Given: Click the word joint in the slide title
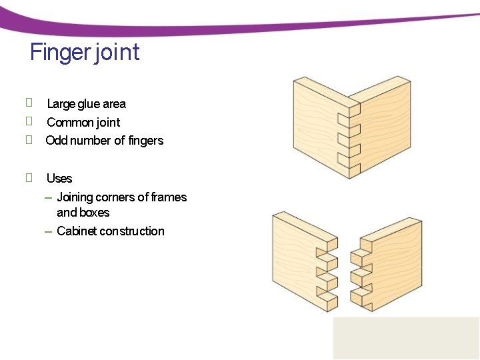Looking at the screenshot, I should pyautogui.click(x=117, y=52).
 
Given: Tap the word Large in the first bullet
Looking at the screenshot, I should pyautogui.click(x=61, y=104).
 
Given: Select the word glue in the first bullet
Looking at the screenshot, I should pyautogui.click(x=89, y=104).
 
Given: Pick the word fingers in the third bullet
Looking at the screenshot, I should pyautogui.click(x=146, y=141).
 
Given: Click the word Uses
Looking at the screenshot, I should pyautogui.click(x=59, y=179).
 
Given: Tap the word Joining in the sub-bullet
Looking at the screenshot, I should pyautogui.click(x=75, y=197).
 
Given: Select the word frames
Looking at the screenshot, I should pyautogui.click(x=169, y=197).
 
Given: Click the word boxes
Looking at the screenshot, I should pyautogui.click(x=95, y=213).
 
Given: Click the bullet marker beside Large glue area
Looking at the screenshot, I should pyautogui.click(x=29, y=103).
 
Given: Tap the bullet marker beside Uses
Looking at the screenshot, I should pyautogui.click(x=29, y=177).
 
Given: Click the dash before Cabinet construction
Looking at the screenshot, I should pyautogui.click(x=48, y=232).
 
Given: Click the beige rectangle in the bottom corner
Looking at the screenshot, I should pyautogui.click(x=406, y=338).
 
